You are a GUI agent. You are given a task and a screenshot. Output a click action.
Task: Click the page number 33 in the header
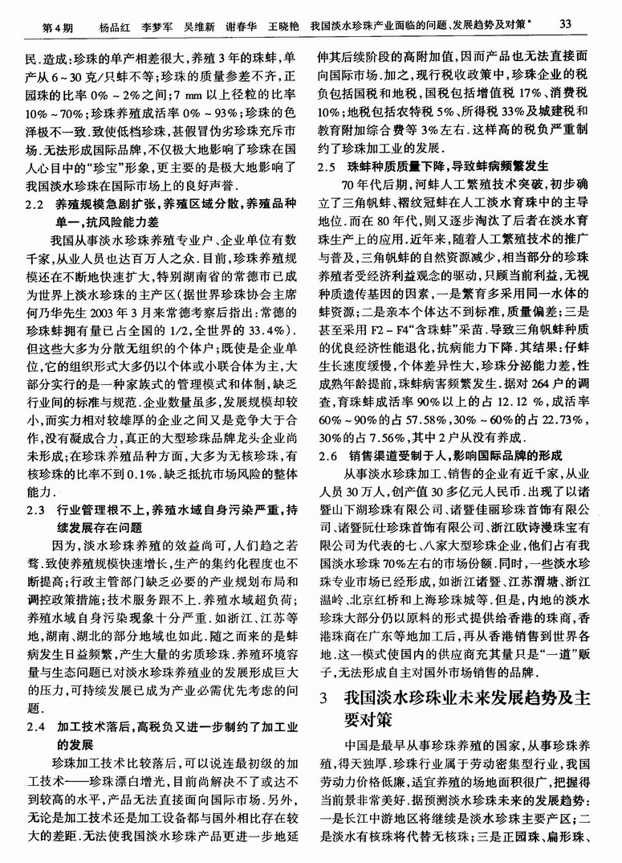pos(563,25)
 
